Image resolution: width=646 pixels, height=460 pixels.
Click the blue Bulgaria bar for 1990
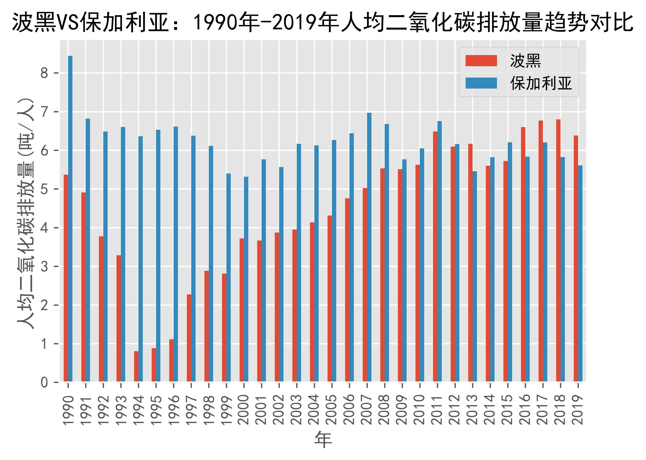coord(70,218)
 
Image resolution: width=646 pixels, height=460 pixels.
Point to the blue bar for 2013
coord(475,276)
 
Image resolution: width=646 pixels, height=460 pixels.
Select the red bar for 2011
coord(435,256)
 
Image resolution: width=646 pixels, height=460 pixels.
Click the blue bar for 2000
coord(246,279)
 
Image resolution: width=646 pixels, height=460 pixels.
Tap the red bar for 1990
coord(66,278)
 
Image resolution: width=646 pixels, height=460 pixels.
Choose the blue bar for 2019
coord(580,273)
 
